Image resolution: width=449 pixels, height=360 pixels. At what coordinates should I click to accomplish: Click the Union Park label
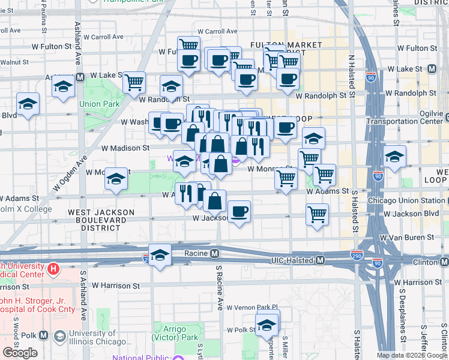pyautogui.click(x=100, y=104)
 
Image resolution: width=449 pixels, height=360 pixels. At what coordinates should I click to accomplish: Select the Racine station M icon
pyautogui.click(x=214, y=253)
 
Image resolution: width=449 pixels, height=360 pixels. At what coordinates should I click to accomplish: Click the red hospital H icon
pyautogui.click(x=53, y=269)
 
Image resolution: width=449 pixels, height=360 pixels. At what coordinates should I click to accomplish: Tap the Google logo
pyautogui.click(x=20, y=353)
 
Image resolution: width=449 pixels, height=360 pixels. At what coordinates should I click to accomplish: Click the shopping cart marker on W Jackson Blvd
pyautogui.click(x=317, y=214)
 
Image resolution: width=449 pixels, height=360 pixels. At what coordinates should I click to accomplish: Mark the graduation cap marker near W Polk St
pyautogui.click(x=267, y=326)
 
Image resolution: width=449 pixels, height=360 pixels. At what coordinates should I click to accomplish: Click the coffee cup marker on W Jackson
pyautogui.click(x=240, y=211)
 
